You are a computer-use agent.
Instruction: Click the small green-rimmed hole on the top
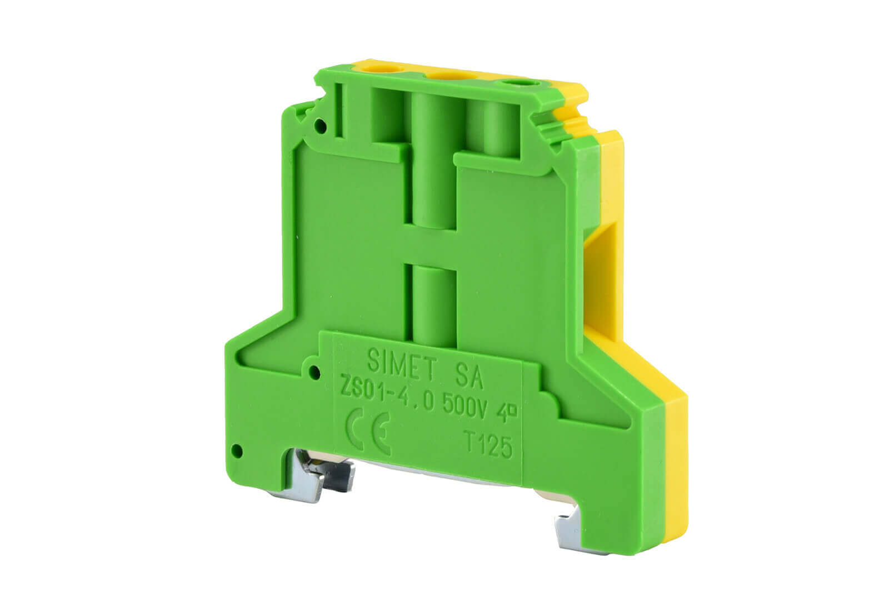[517, 84]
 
